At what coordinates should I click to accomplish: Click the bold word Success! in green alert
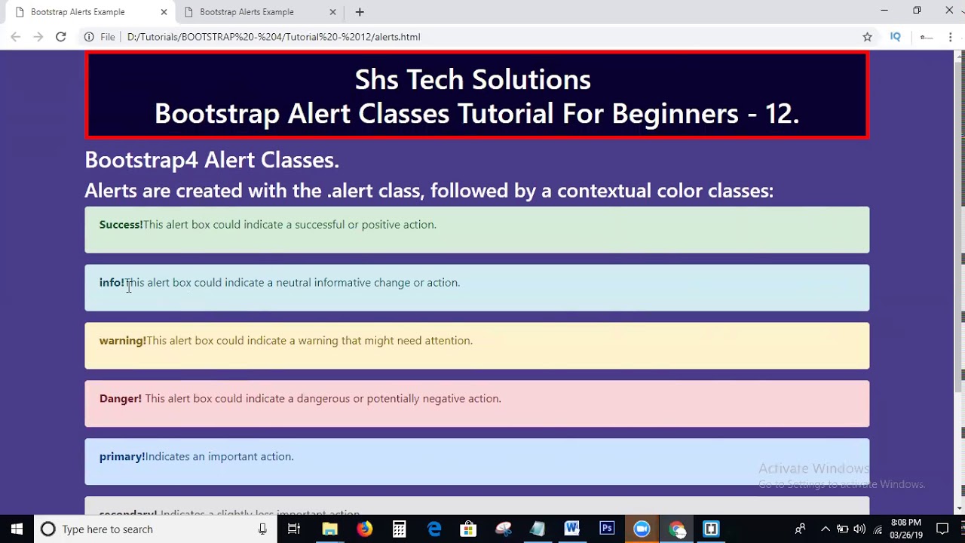tap(121, 225)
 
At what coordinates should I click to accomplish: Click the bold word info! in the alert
tap(111, 283)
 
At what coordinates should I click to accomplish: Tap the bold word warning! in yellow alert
tap(122, 341)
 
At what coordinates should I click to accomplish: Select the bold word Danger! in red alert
tap(120, 399)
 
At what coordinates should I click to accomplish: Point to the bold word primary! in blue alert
tap(121, 457)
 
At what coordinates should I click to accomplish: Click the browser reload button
tap(61, 37)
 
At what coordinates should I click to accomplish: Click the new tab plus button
tap(360, 12)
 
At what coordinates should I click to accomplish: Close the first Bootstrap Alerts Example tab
tap(164, 12)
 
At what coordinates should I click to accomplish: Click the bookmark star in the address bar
tap(867, 37)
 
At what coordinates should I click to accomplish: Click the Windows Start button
tap(17, 529)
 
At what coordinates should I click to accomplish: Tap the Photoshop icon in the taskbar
tap(607, 529)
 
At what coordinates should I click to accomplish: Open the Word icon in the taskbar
tap(571, 529)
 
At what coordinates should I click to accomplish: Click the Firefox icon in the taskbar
tap(364, 529)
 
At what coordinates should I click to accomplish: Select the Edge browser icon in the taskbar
tap(434, 529)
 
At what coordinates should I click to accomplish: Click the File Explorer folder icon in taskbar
tap(329, 529)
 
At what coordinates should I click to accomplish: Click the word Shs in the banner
tap(377, 79)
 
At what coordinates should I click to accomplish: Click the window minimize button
tap(884, 11)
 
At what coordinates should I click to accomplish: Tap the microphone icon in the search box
tap(262, 529)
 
